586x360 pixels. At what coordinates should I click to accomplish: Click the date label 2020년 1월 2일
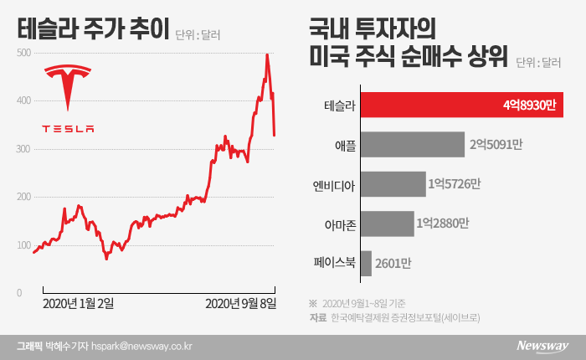point(80,302)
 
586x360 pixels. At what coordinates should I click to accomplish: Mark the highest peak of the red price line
point(267,54)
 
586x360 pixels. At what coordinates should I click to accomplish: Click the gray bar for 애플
point(412,144)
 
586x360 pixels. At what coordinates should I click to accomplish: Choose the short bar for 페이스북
point(366,263)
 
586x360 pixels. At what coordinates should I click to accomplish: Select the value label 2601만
point(394,264)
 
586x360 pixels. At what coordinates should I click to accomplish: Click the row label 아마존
point(339,224)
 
